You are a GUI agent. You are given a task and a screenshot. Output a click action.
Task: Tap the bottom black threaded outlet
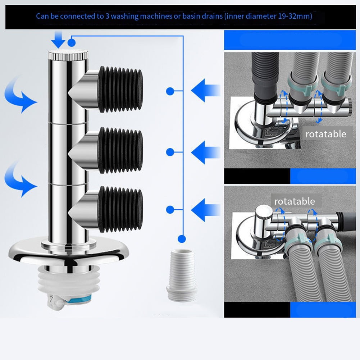click(x=120, y=209)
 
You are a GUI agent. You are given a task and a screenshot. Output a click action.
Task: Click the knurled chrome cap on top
click(x=68, y=56)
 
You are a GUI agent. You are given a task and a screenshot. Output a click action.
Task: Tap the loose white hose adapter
click(x=182, y=273)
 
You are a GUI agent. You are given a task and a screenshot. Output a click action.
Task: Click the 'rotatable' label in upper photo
click(x=325, y=134)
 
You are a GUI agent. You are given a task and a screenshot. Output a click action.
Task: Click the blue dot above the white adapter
click(x=182, y=238)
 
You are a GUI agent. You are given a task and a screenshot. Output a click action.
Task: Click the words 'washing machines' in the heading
click(x=135, y=16)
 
